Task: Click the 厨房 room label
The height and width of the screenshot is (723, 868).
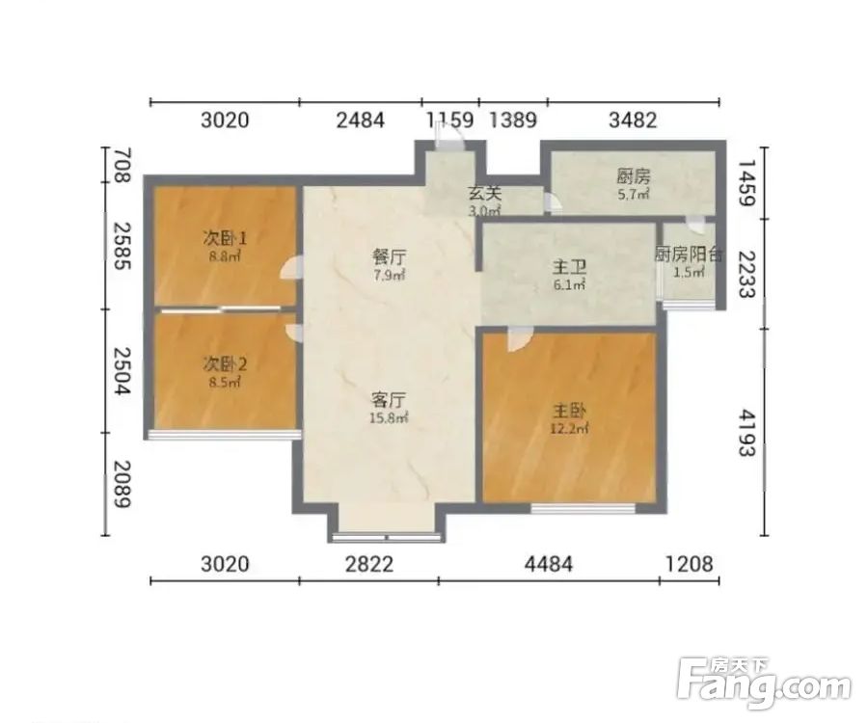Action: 634,177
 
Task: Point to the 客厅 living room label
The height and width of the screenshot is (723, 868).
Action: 389,399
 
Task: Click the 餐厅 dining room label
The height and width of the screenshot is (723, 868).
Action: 389,257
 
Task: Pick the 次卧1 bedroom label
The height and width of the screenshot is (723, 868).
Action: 225,238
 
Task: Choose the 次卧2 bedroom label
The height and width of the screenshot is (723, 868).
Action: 225,364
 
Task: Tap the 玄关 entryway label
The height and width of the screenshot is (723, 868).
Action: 485,194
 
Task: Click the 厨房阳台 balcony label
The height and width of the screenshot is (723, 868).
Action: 689,254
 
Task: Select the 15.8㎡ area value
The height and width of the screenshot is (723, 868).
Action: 389,418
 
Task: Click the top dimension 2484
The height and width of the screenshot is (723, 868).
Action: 361,120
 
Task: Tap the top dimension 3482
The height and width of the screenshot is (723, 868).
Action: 633,120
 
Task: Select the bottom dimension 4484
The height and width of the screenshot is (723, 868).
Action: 549,564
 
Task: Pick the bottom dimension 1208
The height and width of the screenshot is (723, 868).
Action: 690,564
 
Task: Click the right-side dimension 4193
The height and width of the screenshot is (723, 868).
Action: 746,433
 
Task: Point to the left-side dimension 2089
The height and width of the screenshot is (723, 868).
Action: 122,484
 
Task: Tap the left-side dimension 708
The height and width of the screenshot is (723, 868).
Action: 122,165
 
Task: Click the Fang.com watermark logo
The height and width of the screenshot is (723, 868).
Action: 764,683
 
